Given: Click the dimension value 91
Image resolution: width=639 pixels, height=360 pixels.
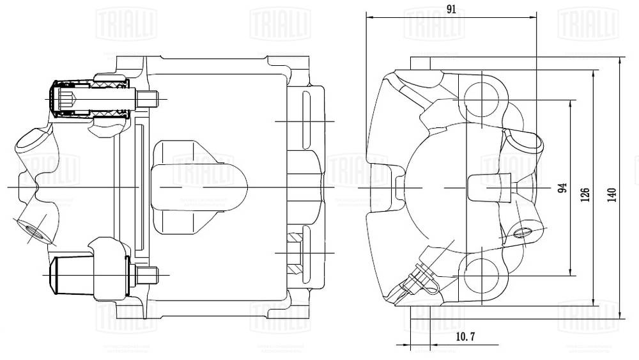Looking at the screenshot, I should [451, 9].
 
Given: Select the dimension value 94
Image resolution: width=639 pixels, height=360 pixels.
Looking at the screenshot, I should [562, 188].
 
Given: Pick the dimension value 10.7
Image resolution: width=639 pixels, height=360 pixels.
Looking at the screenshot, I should [464, 337].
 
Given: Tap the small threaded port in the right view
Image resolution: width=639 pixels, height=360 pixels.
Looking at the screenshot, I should [521, 231].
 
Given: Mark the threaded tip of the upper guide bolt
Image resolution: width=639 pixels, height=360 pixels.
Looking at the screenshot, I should [148, 100].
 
